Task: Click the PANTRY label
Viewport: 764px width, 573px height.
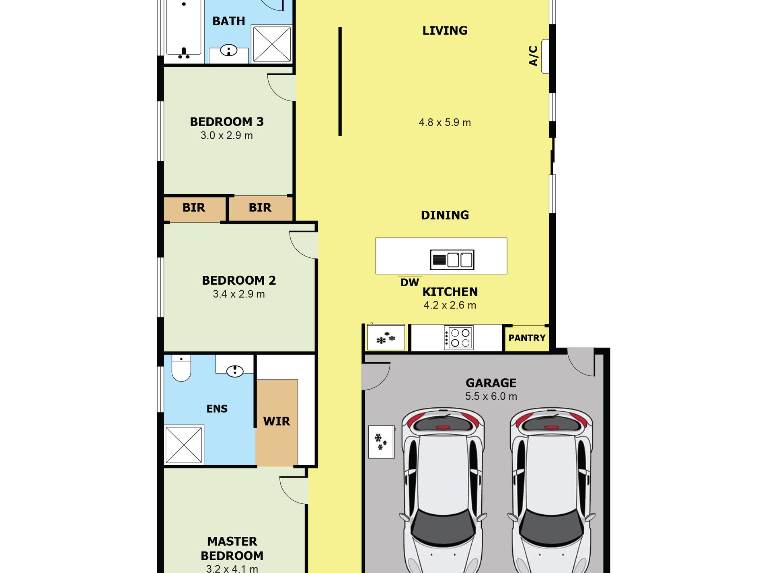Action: point(527,338)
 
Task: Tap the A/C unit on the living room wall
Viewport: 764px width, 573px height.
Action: point(545,56)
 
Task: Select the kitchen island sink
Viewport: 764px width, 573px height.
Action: point(452,259)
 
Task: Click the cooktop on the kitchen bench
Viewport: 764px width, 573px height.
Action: point(458,338)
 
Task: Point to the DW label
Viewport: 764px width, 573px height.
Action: point(410,283)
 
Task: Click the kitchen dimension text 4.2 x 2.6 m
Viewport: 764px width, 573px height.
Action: point(450,305)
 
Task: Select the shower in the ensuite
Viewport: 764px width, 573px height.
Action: point(184,444)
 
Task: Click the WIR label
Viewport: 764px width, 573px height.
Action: point(277,421)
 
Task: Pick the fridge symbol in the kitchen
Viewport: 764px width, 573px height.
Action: point(386,337)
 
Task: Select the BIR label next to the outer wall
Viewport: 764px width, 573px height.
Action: point(194,208)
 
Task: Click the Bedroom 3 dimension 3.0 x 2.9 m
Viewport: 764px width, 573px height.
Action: point(227,136)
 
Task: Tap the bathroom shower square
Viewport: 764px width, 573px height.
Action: point(272,43)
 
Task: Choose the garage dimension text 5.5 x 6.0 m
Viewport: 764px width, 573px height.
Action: point(491,396)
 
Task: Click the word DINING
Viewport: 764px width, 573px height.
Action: point(445,215)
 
